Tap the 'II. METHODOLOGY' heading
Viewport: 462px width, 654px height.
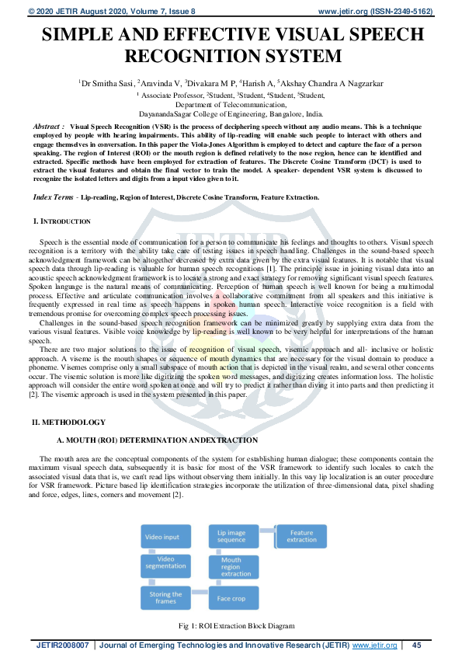coord(68,422)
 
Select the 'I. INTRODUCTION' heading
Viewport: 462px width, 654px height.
coord(62,222)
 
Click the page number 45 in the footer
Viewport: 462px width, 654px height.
coord(416,645)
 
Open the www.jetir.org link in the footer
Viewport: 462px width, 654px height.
coord(375,645)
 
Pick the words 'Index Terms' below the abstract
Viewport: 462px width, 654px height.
coord(55,198)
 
